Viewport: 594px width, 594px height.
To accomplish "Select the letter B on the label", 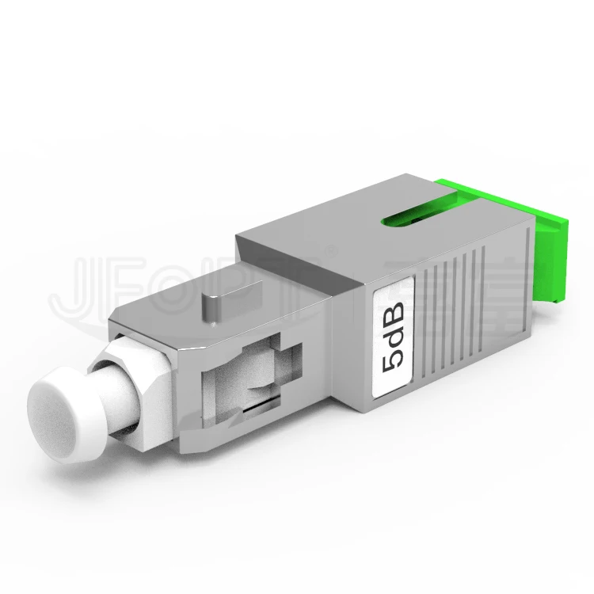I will (x=392, y=306).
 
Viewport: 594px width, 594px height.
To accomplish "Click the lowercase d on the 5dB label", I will (x=392, y=332).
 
